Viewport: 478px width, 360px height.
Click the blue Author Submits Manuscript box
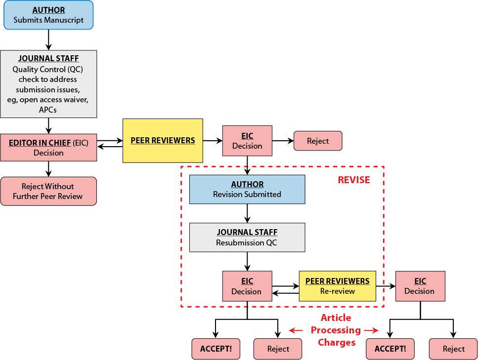click(48, 15)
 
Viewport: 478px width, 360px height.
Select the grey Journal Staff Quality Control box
click(48, 83)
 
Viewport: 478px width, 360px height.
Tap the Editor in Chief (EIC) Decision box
click(48, 147)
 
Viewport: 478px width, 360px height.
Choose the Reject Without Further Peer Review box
click(48, 191)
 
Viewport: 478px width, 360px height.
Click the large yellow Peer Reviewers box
click(163, 140)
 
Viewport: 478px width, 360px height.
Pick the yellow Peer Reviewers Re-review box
click(337, 286)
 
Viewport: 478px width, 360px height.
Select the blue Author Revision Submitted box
click(247, 189)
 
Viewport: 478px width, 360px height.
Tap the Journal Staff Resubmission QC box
click(247, 238)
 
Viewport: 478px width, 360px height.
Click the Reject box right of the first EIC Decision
click(318, 141)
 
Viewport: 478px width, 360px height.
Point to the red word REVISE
click(353, 180)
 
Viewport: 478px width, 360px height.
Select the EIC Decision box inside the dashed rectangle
click(247, 286)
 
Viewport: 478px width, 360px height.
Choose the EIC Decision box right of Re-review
click(420, 286)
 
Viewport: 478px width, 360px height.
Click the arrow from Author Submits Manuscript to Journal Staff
click(48, 40)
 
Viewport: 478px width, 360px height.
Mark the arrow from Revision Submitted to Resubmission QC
click(247, 213)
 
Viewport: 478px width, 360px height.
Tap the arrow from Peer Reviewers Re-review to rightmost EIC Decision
click(386, 286)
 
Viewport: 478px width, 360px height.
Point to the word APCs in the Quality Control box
click(48, 110)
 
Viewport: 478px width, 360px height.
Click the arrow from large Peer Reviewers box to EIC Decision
click(213, 141)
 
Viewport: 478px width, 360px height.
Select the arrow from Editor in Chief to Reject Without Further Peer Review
click(48, 169)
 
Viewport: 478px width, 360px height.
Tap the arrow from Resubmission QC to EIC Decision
click(247, 261)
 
